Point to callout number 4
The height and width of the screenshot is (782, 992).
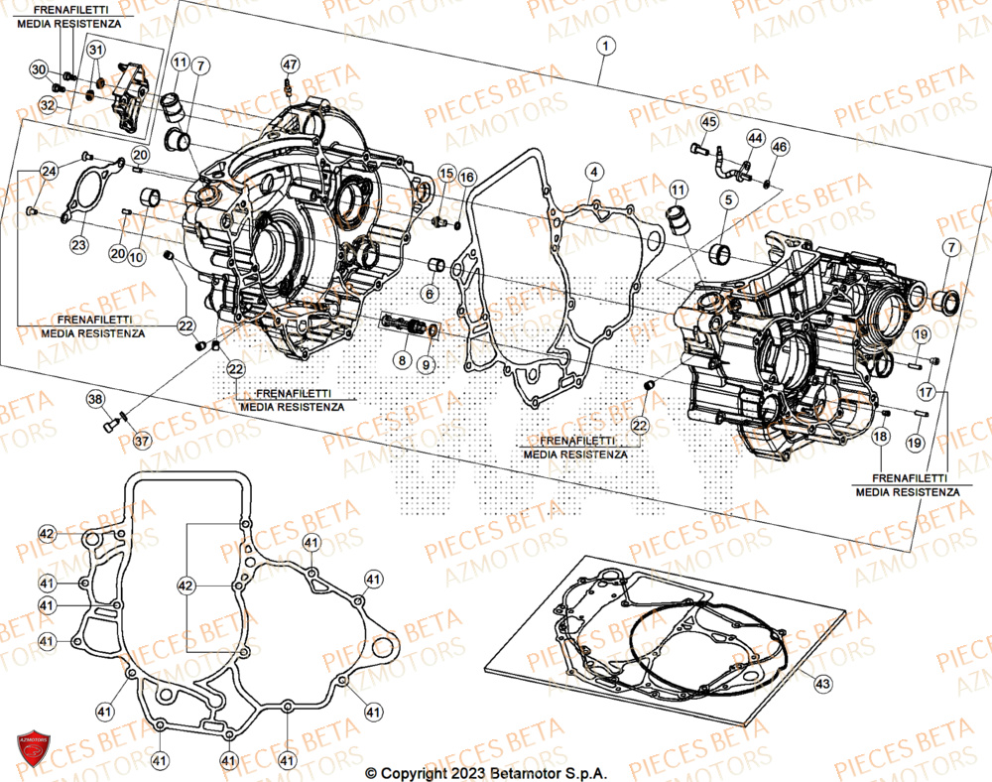point(591,172)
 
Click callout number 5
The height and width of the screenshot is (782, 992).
point(727,200)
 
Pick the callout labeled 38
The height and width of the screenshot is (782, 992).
point(94,400)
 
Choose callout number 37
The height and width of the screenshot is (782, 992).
point(143,441)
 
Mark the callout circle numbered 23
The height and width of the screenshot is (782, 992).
point(78,244)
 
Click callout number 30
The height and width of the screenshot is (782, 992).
point(39,69)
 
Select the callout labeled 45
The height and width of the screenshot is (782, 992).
point(708,122)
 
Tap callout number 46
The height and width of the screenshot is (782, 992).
point(780,147)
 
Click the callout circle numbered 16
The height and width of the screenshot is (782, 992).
point(467,177)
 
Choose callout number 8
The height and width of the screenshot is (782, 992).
point(402,360)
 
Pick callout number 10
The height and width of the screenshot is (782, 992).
point(137,257)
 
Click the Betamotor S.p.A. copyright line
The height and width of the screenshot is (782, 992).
point(486,772)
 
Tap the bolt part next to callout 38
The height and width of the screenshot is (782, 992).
point(109,424)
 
